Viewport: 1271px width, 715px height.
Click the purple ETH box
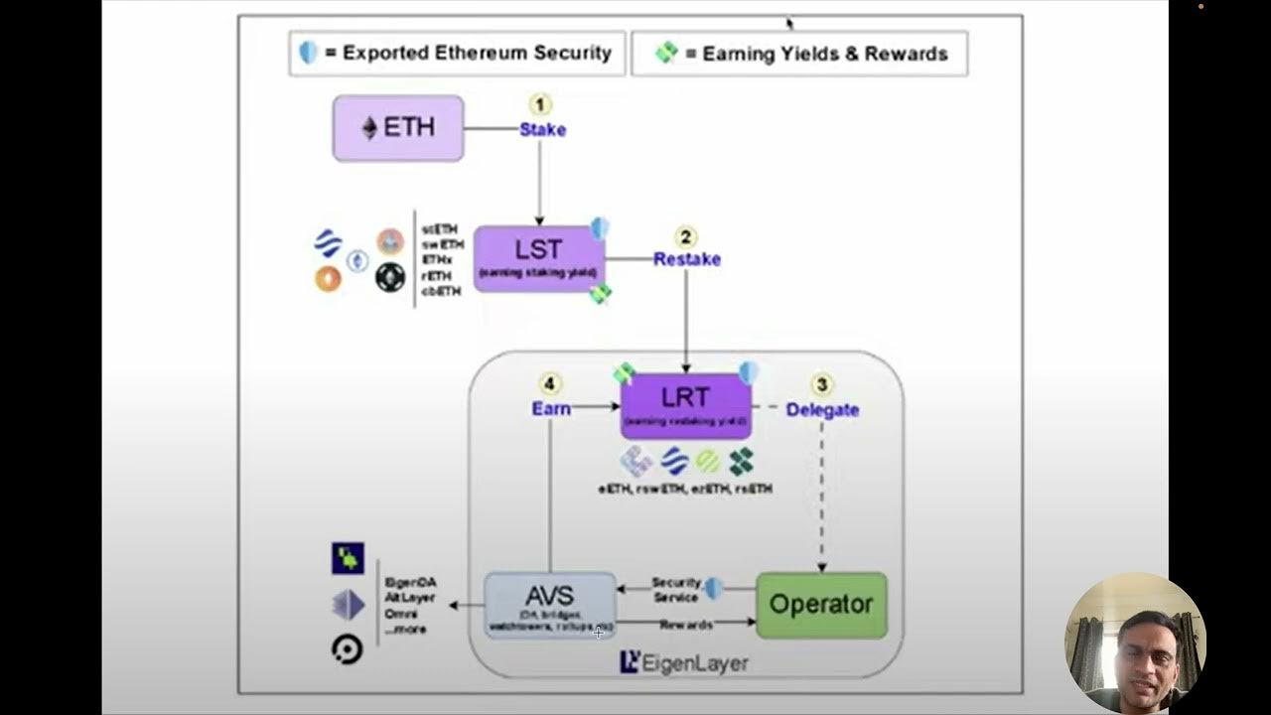click(398, 128)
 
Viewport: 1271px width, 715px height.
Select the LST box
click(538, 257)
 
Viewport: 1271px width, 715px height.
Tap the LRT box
click(685, 405)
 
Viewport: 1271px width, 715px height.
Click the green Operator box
click(821, 605)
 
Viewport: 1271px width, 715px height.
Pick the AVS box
click(550, 604)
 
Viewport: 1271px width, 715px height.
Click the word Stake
click(543, 130)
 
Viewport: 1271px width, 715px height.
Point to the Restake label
click(687, 259)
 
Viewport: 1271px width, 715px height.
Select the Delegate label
click(822, 409)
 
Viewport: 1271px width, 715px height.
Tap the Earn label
click(551, 408)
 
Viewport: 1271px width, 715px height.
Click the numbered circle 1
click(540, 104)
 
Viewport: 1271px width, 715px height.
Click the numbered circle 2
click(686, 237)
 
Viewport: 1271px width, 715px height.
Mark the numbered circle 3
click(821, 384)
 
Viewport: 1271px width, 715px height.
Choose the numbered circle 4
click(551, 384)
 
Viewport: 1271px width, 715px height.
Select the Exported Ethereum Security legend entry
click(458, 54)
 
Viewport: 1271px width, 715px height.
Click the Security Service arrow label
click(676, 590)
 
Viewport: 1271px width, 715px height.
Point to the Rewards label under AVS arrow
click(685, 625)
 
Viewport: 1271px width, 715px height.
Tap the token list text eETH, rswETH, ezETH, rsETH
click(685, 489)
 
